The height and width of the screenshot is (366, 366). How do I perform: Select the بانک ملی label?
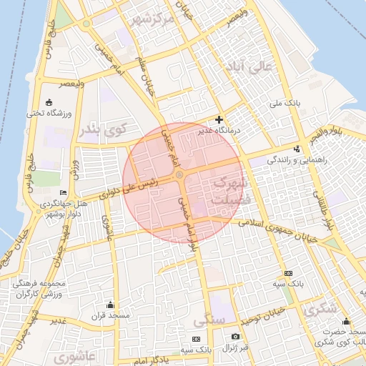click(286, 104)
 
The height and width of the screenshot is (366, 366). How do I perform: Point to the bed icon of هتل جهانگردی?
click(63, 193)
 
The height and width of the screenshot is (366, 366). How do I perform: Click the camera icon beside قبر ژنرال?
click(235, 337)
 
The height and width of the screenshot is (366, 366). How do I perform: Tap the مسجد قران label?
click(109, 315)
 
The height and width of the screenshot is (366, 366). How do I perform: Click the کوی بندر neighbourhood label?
click(102, 130)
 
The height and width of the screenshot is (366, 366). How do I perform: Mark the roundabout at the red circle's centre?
click(180, 174)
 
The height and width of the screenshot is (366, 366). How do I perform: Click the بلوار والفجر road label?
click(327, 132)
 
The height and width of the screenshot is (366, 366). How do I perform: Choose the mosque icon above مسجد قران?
click(109, 305)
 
